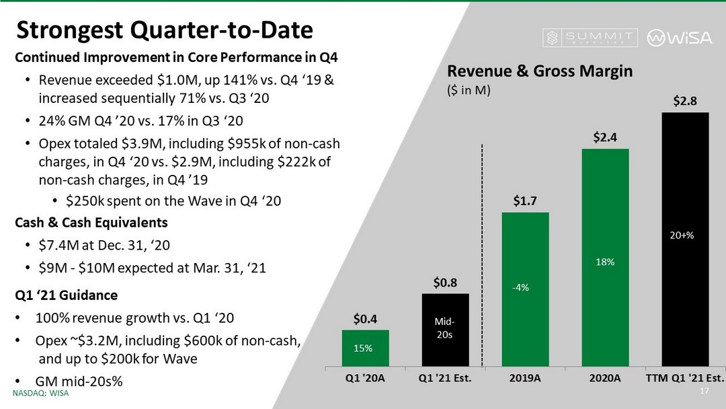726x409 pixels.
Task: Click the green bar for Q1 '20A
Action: click(x=366, y=348)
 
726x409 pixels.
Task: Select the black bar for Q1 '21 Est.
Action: click(x=446, y=330)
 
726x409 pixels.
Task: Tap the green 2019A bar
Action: click(x=525, y=289)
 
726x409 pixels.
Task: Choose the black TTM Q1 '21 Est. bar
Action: click(x=685, y=239)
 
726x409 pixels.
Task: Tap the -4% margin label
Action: click(x=520, y=288)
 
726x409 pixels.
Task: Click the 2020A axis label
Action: click(x=605, y=378)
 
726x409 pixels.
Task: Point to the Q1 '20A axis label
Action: click(x=366, y=378)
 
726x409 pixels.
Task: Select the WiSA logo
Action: click(x=680, y=38)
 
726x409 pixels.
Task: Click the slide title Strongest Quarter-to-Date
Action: click(x=164, y=30)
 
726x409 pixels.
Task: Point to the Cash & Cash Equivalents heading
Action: click(x=91, y=222)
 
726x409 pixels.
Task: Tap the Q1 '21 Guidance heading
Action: click(x=67, y=295)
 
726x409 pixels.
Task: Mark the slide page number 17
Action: click(x=705, y=392)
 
